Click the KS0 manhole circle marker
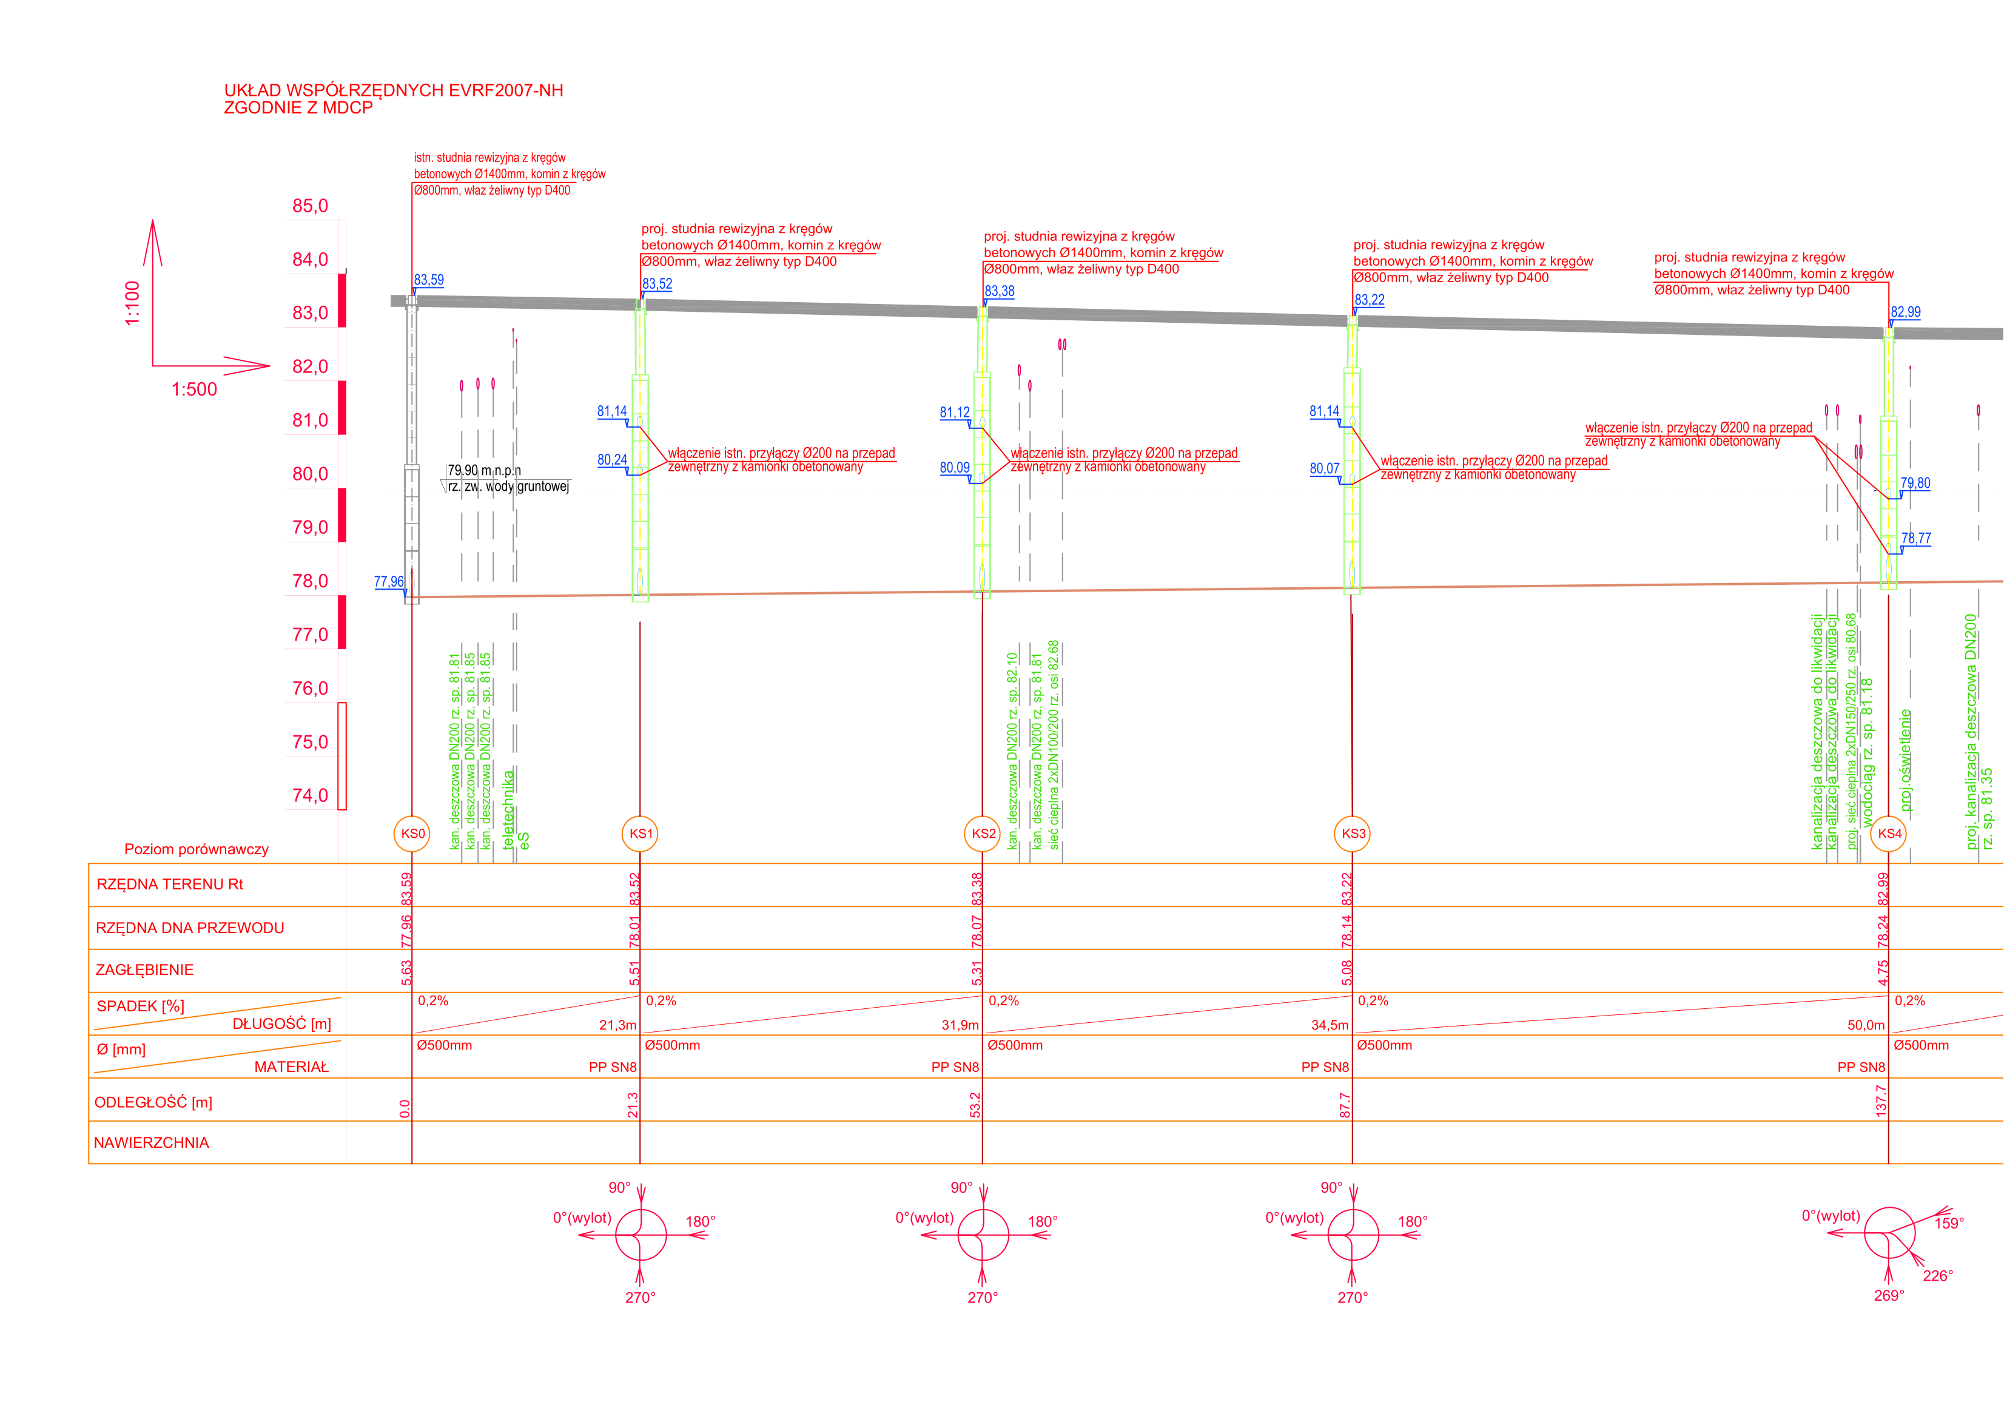tap(412, 833)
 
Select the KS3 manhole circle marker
tap(1353, 833)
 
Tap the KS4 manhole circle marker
tap(1889, 833)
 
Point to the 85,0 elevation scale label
tap(311, 206)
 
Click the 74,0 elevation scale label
tap(311, 795)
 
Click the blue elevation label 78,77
tap(1916, 539)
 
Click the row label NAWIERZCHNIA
tap(151, 1144)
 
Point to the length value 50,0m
tap(1866, 1025)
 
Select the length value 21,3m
tap(617, 1025)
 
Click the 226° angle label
tap(1938, 1276)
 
